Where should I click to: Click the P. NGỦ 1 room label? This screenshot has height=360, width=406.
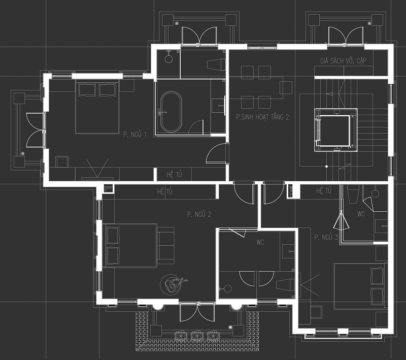pos(135,135)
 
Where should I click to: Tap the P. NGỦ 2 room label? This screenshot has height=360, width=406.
pos(199,214)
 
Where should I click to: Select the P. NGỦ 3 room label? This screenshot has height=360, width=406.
pos(326,237)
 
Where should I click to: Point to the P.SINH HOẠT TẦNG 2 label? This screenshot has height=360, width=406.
pos(262,117)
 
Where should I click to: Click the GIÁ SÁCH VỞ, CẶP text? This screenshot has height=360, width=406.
pos(344,60)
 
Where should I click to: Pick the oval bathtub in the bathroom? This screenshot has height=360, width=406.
pos(171,112)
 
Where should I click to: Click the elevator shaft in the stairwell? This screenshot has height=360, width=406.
pos(336,130)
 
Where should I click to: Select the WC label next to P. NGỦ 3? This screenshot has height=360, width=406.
pos(361,214)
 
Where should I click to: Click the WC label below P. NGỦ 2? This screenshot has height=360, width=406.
pos(260,242)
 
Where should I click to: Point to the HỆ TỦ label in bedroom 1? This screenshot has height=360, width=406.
pos(174,175)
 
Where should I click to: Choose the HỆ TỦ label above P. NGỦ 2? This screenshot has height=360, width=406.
pos(164,191)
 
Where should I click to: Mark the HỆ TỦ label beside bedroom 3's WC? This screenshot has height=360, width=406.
pos(324,191)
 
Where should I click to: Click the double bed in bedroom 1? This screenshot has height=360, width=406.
pos(97,107)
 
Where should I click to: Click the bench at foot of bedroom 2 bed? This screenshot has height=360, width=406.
pos(166,245)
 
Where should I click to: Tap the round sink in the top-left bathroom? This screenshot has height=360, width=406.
pos(168,59)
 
